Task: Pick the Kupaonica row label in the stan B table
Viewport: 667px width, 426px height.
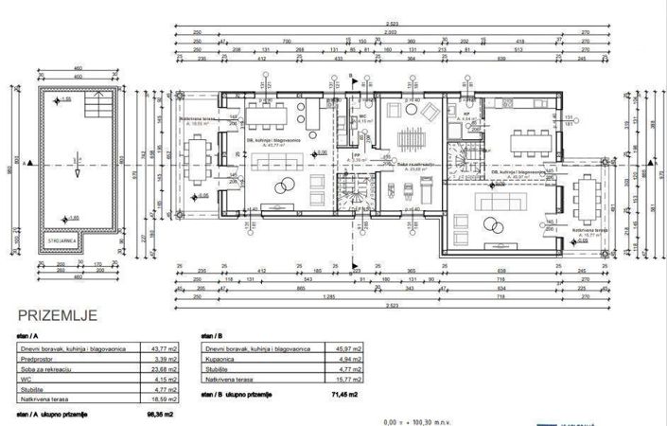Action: click(x=222, y=360)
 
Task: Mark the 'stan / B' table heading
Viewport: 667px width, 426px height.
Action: click(x=212, y=335)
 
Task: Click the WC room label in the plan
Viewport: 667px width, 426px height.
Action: click(x=363, y=119)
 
